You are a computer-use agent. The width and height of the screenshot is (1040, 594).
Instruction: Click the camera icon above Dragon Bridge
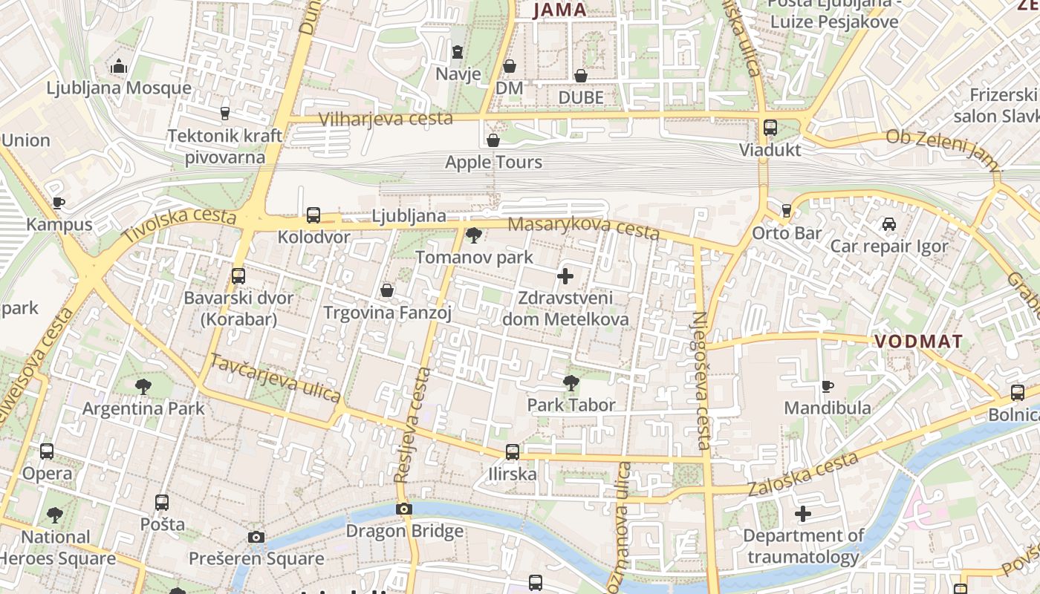[404, 509]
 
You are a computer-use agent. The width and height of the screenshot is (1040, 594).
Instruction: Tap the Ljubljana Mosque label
[119, 88]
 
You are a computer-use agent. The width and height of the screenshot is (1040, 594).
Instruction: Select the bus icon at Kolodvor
[313, 216]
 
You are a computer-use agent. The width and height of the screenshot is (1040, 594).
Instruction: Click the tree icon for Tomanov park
[473, 236]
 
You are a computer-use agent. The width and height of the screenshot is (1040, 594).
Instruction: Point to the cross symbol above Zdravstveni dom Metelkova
[565, 277]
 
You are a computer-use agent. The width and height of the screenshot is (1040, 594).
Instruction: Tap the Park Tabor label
[571, 405]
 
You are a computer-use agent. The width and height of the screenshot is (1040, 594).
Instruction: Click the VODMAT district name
[918, 342]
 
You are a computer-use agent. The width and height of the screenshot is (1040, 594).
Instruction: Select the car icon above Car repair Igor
[889, 224]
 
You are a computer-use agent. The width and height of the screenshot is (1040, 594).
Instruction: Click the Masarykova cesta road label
[583, 229]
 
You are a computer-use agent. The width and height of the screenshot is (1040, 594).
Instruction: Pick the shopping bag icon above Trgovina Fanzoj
[387, 290]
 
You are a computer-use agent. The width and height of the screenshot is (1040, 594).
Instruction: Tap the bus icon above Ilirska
[512, 452]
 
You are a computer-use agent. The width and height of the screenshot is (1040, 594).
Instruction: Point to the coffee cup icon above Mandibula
[828, 386]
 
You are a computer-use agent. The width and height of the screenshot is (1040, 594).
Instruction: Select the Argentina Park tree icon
[143, 387]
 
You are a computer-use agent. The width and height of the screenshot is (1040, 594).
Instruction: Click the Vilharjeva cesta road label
[386, 119]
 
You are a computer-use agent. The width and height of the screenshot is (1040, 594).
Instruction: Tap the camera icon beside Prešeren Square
[256, 537]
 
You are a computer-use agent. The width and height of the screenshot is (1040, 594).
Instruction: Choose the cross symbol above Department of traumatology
[803, 514]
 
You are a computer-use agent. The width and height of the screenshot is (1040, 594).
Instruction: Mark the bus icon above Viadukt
[770, 128]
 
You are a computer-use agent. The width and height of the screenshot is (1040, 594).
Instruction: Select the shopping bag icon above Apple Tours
[493, 140]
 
